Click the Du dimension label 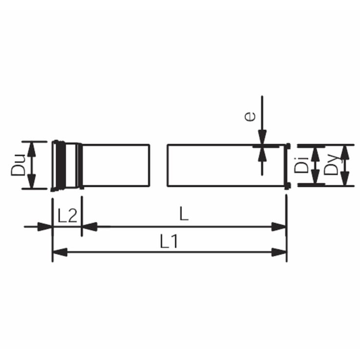[x=18, y=166]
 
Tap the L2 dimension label [x=67, y=216]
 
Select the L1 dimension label [x=169, y=241]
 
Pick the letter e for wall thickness [x=250, y=117]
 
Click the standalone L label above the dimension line [x=184, y=214]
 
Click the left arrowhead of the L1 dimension [x=60, y=252]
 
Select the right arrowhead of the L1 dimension [x=279, y=252]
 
